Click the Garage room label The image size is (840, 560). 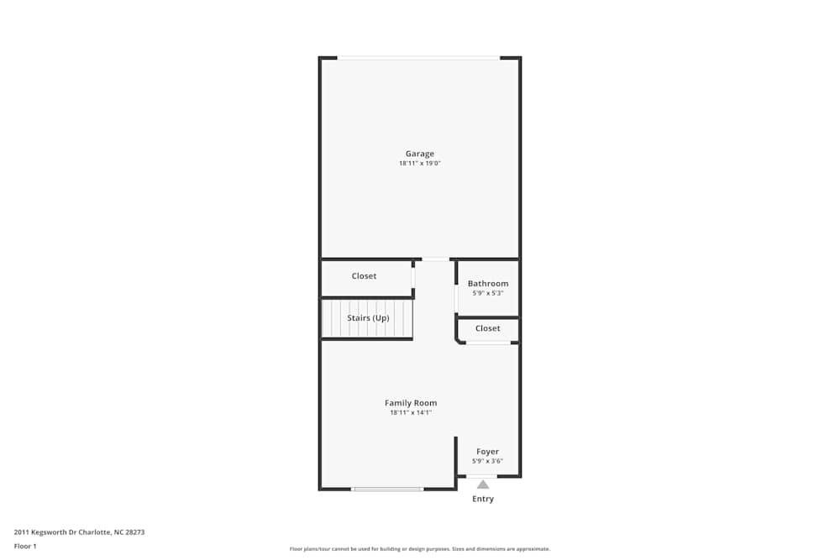(419, 154)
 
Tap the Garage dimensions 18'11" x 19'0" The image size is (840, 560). (419, 164)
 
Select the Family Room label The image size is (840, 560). (411, 403)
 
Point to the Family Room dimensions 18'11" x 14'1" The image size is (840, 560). (411, 413)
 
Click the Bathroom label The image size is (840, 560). (488, 284)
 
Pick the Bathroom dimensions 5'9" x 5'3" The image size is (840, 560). (488, 294)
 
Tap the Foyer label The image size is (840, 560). (487, 452)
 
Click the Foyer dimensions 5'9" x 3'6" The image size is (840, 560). (487, 461)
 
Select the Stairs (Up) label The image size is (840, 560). (368, 318)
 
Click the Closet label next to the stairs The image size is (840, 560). (364, 276)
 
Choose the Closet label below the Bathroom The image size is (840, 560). (487, 328)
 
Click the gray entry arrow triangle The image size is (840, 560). (483, 484)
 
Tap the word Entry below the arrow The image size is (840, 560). (483, 499)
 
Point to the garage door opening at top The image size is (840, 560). (418, 58)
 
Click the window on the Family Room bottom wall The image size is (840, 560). (387, 489)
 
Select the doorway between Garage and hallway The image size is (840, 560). (435, 259)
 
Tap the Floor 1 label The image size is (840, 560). (25, 546)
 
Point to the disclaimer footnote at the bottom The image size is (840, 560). (419, 549)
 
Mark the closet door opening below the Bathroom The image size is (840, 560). (488, 343)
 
